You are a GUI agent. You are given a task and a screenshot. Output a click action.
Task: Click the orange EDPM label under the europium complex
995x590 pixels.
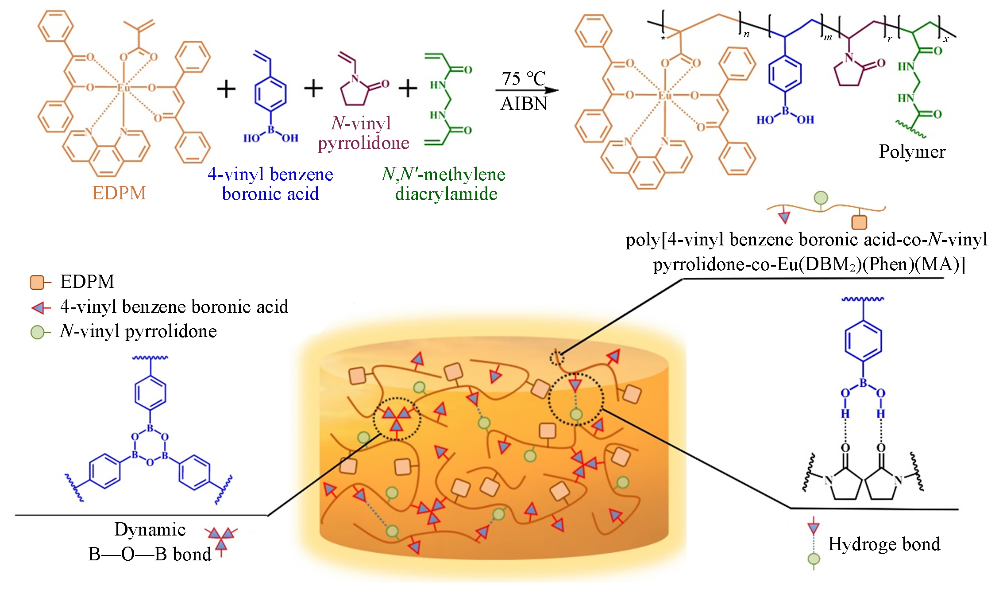point(119,193)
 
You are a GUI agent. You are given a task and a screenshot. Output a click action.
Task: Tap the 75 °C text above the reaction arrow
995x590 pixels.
point(524,79)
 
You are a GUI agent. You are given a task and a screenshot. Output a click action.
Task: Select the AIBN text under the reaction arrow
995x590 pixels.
point(524,104)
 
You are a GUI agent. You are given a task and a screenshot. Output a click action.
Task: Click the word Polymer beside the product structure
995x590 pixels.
point(912,151)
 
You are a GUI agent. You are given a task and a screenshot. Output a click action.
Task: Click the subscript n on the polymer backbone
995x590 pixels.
point(747,34)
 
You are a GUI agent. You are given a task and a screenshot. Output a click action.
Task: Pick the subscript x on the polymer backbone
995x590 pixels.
point(946,39)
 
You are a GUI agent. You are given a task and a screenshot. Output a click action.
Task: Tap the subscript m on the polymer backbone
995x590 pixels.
point(828,37)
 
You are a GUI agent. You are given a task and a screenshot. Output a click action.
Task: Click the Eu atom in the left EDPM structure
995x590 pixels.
point(123,87)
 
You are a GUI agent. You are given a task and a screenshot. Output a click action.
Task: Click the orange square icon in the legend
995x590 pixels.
point(37,282)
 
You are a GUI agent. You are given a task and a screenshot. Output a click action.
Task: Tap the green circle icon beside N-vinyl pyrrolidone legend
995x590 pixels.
point(37,332)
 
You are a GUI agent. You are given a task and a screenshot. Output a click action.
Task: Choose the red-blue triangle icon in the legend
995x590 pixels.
point(40,307)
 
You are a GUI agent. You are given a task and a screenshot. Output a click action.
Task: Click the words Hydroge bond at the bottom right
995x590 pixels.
point(884,544)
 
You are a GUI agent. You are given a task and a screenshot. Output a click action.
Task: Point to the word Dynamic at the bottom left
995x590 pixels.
point(150,529)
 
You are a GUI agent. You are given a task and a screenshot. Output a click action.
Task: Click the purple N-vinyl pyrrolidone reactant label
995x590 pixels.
point(363,133)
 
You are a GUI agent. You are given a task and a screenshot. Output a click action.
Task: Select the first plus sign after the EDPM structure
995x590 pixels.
point(226,89)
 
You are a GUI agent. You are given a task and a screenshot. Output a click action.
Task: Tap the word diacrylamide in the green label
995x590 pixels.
point(446,194)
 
